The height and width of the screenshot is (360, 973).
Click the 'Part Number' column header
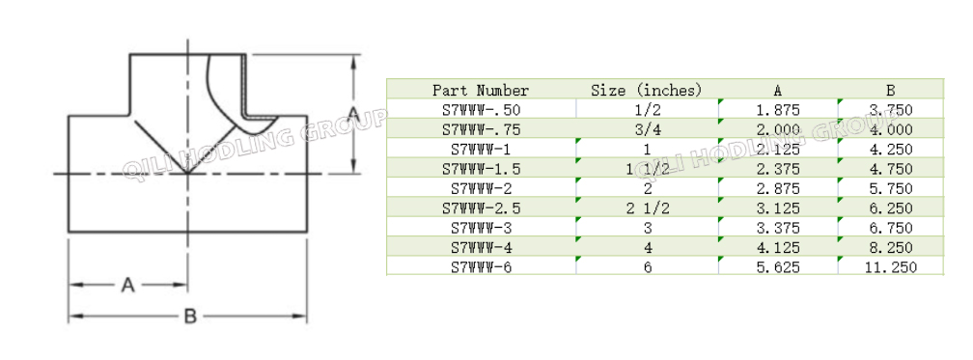pos(481,90)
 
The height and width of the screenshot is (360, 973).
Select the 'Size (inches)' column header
pos(646,90)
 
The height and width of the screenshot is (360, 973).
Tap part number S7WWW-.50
pos(481,110)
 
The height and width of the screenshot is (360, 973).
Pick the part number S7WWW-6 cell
pos(481,267)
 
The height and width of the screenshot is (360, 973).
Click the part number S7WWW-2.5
pos(481,208)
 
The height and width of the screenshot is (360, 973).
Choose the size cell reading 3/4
pos(646,129)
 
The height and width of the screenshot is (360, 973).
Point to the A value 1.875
pos(778,110)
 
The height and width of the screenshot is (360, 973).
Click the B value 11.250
pos(890,267)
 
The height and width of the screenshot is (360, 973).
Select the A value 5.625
pos(778,267)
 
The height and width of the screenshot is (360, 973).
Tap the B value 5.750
pos(890,189)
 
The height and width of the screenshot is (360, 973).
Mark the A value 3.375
pos(778,228)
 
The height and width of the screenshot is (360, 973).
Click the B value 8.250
pos(890,248)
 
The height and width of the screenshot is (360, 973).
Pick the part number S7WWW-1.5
pos(481,169)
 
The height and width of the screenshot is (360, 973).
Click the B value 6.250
pos(890,208)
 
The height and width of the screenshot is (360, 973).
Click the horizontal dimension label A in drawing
pos(127,285)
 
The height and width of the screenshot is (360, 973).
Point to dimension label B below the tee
pos(190,315)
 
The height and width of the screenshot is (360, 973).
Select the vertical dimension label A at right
pos(353,115)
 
